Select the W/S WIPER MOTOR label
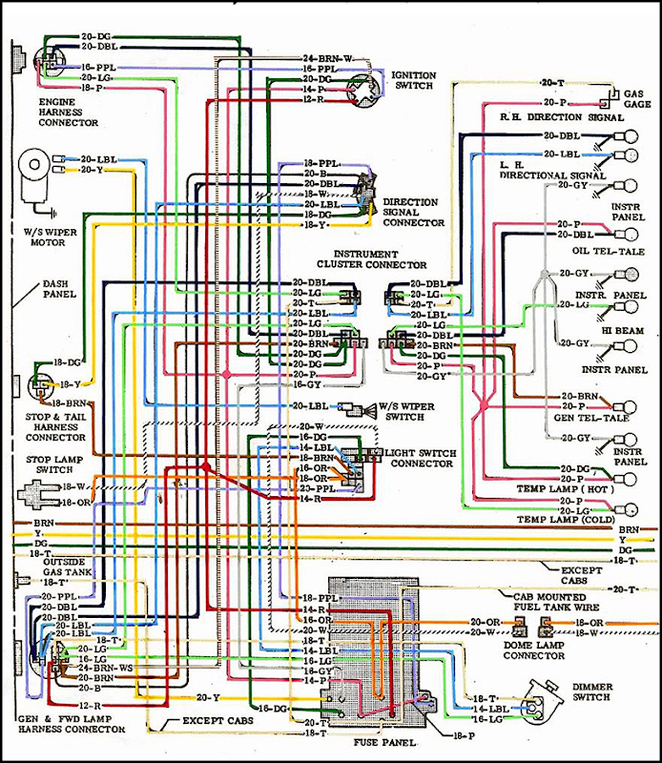[40, 235]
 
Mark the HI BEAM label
[619, 330]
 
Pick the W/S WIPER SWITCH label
[407, 411]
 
